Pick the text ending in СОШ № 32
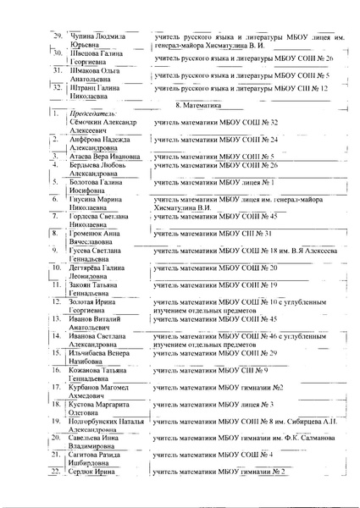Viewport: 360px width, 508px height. click(218, 122)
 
